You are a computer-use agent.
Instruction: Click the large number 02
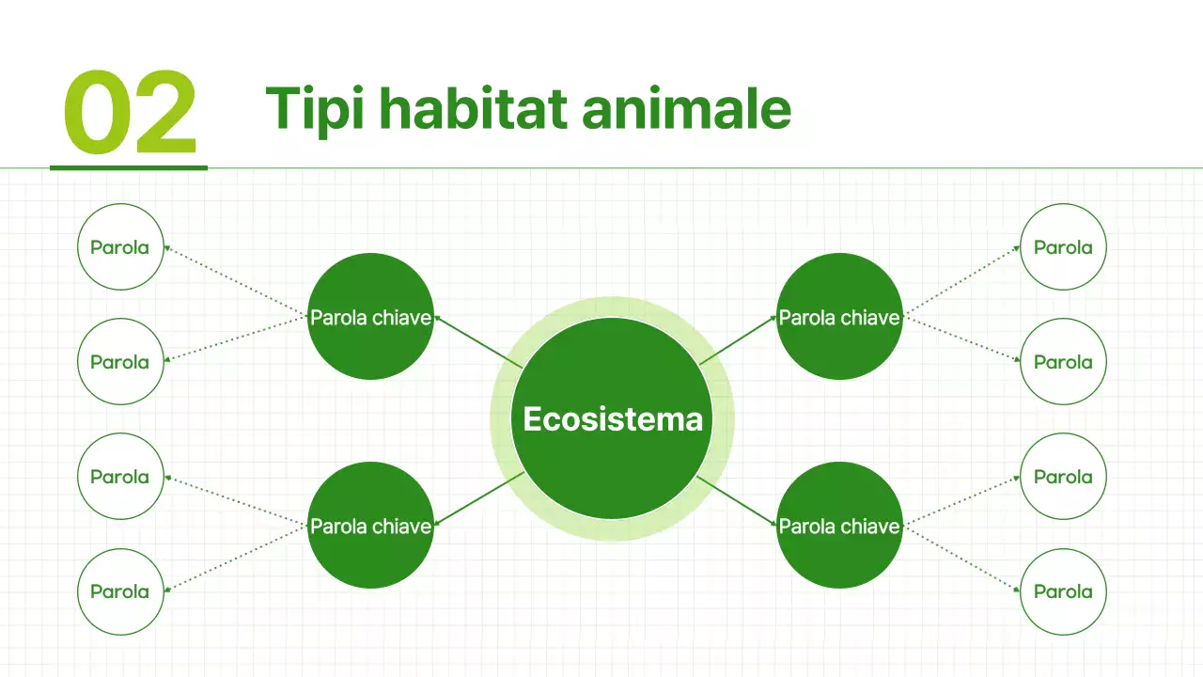coord(130,114)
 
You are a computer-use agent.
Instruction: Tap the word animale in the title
coord(686,109)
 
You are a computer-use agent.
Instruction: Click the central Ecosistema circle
coord(612,418)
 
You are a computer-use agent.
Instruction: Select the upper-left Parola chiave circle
coord(370,317)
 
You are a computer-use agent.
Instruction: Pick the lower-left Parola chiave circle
coord(370,526)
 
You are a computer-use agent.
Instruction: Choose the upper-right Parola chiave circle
coord(839,317)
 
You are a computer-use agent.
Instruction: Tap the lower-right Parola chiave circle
coord(839,526)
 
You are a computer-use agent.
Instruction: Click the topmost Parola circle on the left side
coord(119,247)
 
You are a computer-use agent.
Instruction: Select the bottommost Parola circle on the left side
coord(119,591)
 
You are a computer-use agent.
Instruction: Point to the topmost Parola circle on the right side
coord(1063,247)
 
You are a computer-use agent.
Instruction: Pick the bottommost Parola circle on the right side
coord(1063,591)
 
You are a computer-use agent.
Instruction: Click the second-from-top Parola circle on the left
coord(119,362)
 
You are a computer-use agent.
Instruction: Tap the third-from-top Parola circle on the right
coord(1063,477)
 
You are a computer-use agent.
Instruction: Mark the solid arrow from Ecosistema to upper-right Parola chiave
coord(739,340)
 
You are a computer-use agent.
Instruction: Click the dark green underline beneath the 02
coord(128,168)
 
